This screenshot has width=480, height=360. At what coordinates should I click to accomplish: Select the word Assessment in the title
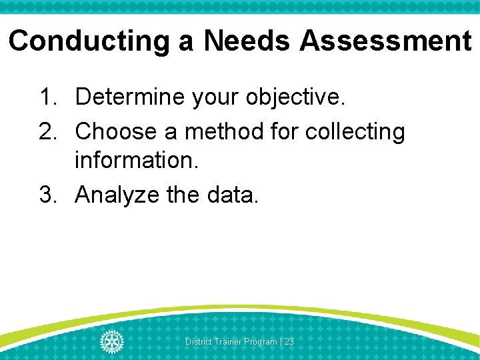click(x=385, y=41)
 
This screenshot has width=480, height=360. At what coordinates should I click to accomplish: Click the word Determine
click(x=130, y=97)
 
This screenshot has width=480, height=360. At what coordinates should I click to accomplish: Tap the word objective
click(x=296, y=98)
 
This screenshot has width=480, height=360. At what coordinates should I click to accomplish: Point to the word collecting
click(x=355, y=133)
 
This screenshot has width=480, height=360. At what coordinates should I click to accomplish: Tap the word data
click(x=234, y=195)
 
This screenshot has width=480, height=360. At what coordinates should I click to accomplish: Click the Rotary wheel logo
click(x=112, y=341)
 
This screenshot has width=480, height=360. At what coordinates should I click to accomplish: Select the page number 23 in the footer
click(x=289, y=341)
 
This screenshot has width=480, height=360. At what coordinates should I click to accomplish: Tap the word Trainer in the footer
click(x=228, y=341)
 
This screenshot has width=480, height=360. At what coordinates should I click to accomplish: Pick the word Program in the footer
click(x=261, y=341)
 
